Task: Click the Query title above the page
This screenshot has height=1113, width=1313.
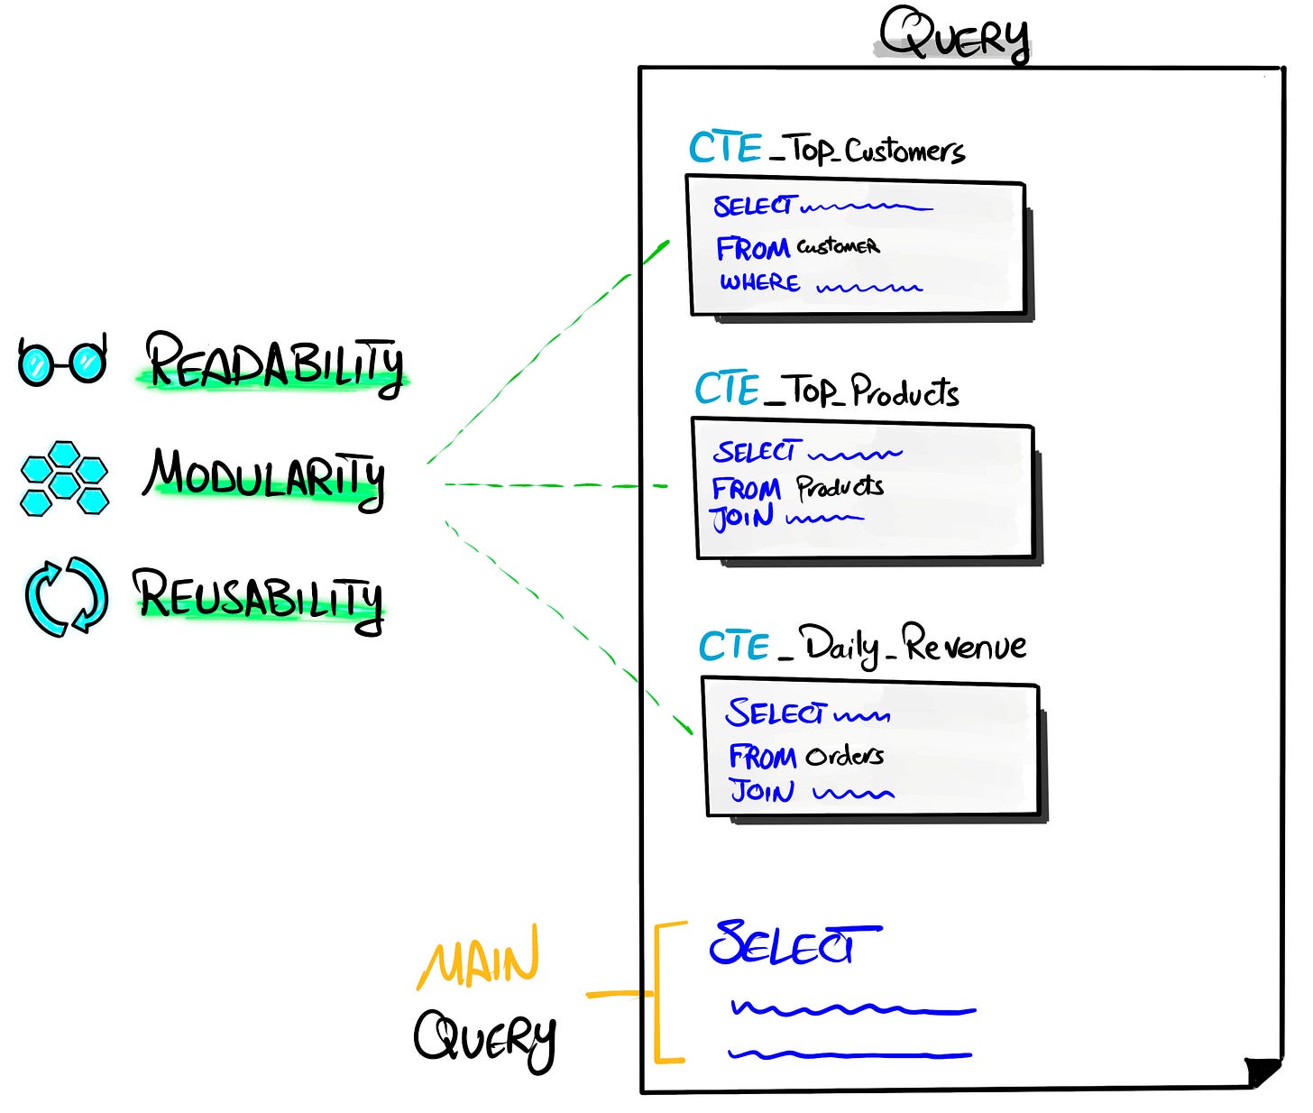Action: click(954, 36)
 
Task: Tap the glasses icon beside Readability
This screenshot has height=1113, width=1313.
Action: click(62, 361)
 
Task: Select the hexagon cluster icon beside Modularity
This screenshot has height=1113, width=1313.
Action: click(64, 478)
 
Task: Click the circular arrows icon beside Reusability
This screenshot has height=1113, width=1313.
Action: click(66, 596)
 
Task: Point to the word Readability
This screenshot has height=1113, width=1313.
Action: click(274, 363)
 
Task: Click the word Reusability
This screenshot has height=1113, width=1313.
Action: click(259, 597)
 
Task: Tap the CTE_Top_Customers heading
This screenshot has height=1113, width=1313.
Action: click(826, 150)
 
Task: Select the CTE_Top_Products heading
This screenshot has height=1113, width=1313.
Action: click(826, 391)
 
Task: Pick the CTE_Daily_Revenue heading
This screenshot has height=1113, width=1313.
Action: click(862, 646)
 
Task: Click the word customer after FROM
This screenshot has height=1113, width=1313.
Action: click(838, 246)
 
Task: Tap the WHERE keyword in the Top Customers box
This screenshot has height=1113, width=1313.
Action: click(759, 283)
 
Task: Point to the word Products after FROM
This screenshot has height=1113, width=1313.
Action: click(840, 488)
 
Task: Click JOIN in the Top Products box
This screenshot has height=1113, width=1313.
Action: click(742, 519)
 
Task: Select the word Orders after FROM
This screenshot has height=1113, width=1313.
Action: click(844, 756)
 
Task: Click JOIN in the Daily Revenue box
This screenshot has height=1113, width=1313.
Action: click(762, 792)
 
